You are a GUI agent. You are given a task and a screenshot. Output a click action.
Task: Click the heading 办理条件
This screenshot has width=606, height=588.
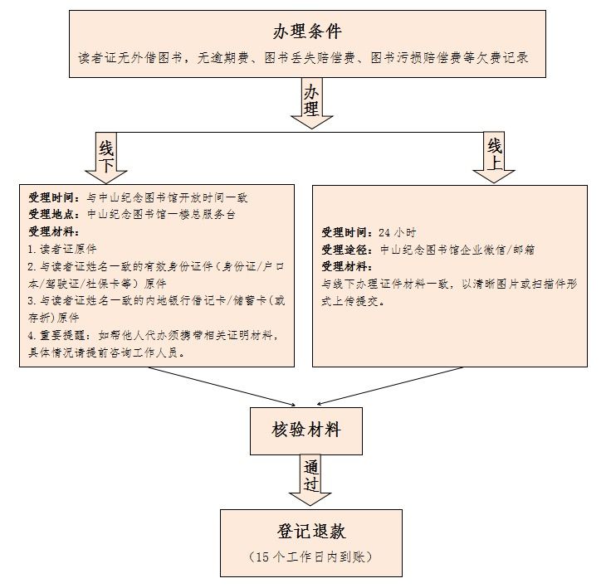307,32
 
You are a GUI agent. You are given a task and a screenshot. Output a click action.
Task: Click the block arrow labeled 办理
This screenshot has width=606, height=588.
312,103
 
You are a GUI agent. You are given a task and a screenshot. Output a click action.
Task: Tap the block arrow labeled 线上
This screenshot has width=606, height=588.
495,158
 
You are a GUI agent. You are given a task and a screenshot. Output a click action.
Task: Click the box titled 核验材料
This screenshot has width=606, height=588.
305,431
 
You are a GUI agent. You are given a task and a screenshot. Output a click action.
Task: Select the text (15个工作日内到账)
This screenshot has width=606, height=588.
310,556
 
